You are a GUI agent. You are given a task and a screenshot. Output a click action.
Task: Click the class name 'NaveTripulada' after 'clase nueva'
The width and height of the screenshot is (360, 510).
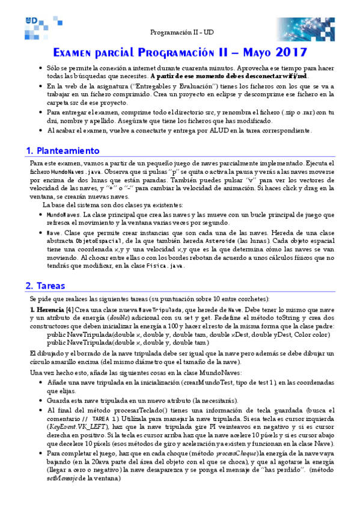[138, 309]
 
